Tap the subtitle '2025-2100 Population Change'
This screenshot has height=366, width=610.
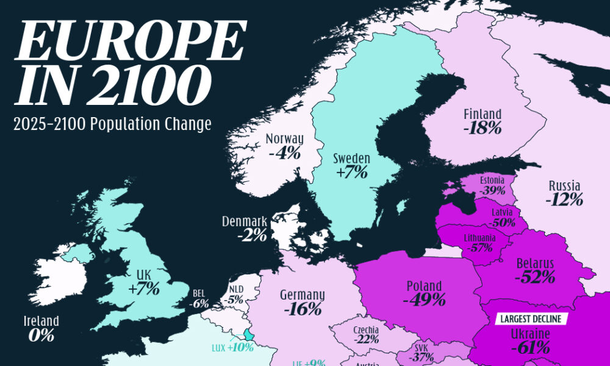112,124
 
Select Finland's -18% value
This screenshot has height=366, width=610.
482,128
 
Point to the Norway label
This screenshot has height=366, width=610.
284,139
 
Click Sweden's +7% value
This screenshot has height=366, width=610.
351,172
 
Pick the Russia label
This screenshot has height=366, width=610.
564,185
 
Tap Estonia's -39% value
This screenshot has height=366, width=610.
492,191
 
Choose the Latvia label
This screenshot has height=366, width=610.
503,212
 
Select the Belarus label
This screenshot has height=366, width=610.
534,263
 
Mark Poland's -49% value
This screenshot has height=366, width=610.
424,300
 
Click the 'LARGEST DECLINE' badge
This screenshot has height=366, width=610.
531,318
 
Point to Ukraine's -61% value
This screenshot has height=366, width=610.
530,348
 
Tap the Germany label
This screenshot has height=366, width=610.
302,295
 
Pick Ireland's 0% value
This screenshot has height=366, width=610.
41,335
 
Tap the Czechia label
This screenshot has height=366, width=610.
366,330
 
